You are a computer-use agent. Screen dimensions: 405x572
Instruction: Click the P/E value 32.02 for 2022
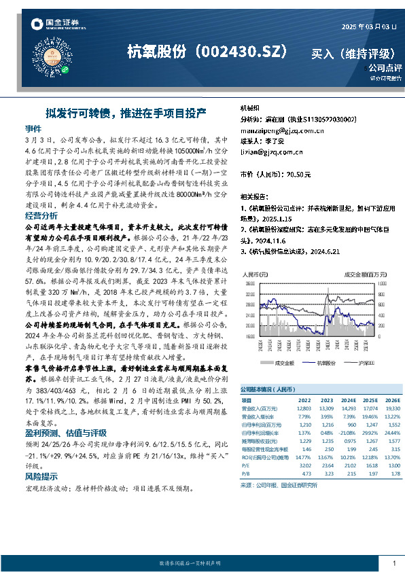click(304, 465)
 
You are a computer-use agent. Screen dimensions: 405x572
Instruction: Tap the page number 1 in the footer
click(395, 563)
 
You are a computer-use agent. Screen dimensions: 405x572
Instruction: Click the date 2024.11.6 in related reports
click(273, 240)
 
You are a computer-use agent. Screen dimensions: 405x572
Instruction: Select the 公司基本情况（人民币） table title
click(266, 391)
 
